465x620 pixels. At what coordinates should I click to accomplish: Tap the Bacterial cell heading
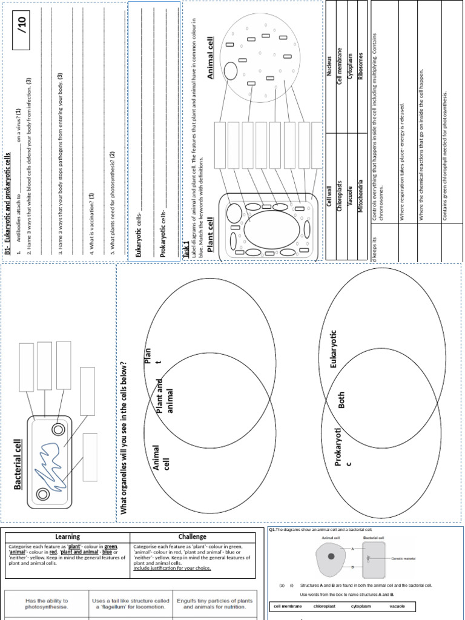point(18,464)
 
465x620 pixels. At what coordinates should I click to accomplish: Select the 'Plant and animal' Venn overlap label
point(165,397)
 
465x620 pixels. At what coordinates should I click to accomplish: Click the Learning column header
point(67,536)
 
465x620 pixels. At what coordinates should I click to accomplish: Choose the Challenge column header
point(192,536)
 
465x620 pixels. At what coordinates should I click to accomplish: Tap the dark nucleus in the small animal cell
point(331,556)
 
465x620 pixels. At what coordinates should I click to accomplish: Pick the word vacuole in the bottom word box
point(397,606)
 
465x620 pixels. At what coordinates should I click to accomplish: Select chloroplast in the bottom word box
point(325,606)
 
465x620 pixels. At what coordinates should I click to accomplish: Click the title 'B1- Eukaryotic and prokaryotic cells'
point(8,203)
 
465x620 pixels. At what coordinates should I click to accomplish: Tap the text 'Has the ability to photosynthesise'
point(47,604)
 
